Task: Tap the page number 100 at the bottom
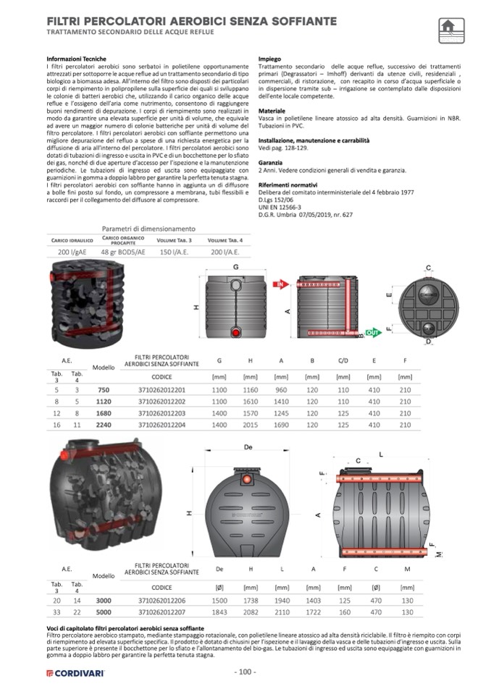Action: (x=246, y=672)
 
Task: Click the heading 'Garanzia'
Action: (x=271, y=163)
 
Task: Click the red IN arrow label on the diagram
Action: (x=277, y=285)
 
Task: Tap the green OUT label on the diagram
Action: (x=372, y=331)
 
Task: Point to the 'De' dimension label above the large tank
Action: (x=248, y=447)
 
